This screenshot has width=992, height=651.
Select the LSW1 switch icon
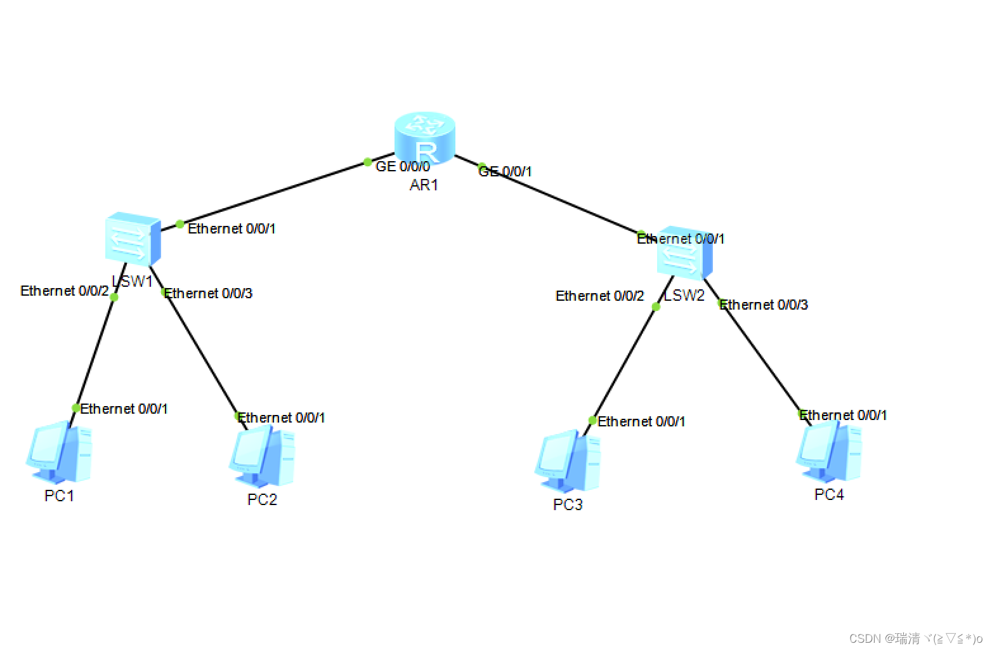pos(133,239)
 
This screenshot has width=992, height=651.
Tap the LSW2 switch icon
pos(684,253)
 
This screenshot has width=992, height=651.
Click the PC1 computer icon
pos(59,452)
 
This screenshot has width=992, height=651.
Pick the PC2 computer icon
pos(262,456)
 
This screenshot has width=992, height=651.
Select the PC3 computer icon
pos(568,461)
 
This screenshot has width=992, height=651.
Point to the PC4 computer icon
pos(829,451)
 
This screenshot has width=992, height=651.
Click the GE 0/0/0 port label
pos(403,167)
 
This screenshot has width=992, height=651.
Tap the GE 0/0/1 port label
pos(506,171)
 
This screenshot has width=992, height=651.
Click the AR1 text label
pos(424,185)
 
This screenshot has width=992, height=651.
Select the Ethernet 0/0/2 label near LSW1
pos(65,291)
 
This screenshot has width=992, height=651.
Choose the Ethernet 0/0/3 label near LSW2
pos(764,305)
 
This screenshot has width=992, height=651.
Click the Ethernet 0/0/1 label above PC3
pos(641,422)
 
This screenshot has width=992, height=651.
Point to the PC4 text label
pos(829,495)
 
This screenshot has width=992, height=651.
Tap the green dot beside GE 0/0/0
pos(368,162)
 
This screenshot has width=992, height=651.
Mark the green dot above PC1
pos(76,407)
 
